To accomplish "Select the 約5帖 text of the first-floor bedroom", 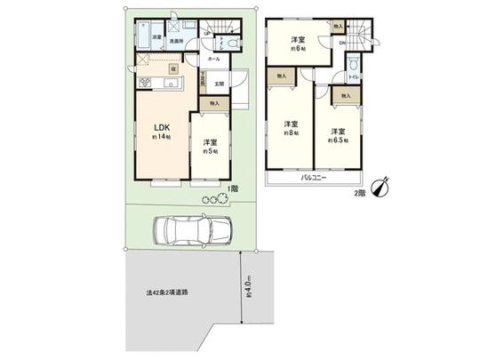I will coord(208,151).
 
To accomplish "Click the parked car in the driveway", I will coord(190,231).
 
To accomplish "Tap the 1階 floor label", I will coord(232,189).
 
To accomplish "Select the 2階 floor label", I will coord(360,192).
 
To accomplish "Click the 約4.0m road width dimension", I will coord(250,289).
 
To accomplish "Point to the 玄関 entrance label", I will coord(219,84).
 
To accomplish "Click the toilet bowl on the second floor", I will coord(355,65).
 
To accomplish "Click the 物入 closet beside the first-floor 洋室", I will coord(214,104).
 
